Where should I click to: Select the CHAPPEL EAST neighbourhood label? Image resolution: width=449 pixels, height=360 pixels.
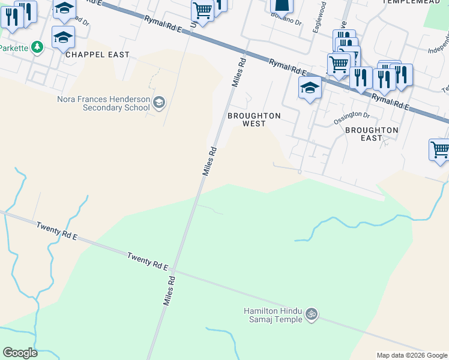(x=97, y=55)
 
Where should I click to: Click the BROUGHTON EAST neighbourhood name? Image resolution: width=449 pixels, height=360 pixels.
(x=372, y=133)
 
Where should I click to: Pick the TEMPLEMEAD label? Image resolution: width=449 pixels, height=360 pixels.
(x=408, y=2)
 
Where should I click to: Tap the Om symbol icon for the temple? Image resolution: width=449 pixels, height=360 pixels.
(x=311, y=313)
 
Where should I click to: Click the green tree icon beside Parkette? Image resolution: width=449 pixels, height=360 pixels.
(x=37, y=47)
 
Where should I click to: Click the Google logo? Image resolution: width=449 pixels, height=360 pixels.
(x=20, y=353)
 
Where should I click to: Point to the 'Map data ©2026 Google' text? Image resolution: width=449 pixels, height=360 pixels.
(x=412, y=355)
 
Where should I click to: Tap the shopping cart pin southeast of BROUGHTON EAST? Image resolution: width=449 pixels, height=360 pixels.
(x=440, y=149)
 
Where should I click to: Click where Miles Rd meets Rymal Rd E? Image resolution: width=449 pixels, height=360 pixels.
(x=247, y=50)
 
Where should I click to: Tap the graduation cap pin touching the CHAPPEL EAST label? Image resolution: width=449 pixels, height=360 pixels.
(x=63, y=38)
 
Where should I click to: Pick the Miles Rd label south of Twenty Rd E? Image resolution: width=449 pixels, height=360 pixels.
(x=170, y=290)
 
